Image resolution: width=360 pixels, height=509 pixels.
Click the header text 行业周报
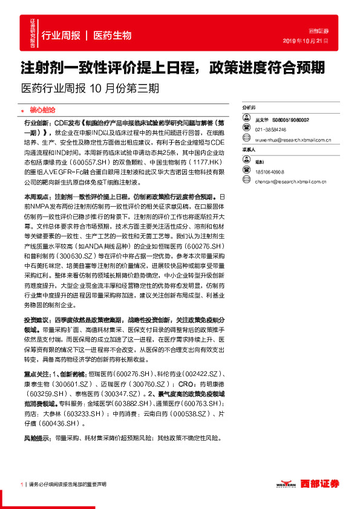(x=61, y=36)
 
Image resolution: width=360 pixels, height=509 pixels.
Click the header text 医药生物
(x=113, y=36)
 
